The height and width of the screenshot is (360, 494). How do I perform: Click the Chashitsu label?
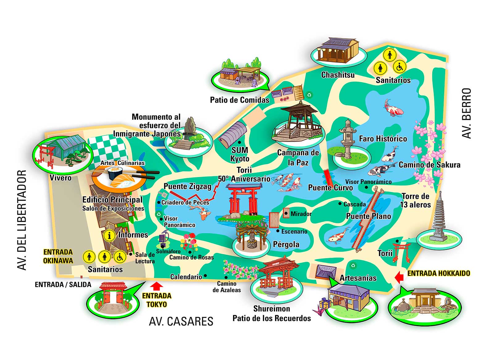338,75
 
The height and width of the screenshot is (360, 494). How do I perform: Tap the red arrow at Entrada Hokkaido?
399,277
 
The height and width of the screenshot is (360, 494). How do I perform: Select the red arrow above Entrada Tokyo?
157,286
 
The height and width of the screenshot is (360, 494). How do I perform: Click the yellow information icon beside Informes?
109,235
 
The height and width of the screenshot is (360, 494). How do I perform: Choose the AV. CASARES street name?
181,321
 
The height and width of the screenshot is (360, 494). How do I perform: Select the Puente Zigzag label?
187,186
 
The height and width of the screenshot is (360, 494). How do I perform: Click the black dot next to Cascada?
340,204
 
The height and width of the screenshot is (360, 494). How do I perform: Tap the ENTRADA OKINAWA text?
58,256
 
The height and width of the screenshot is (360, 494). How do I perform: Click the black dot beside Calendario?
205,276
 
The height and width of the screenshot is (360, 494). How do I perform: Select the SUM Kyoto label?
240,154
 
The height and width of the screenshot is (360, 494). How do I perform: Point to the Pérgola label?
286,245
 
